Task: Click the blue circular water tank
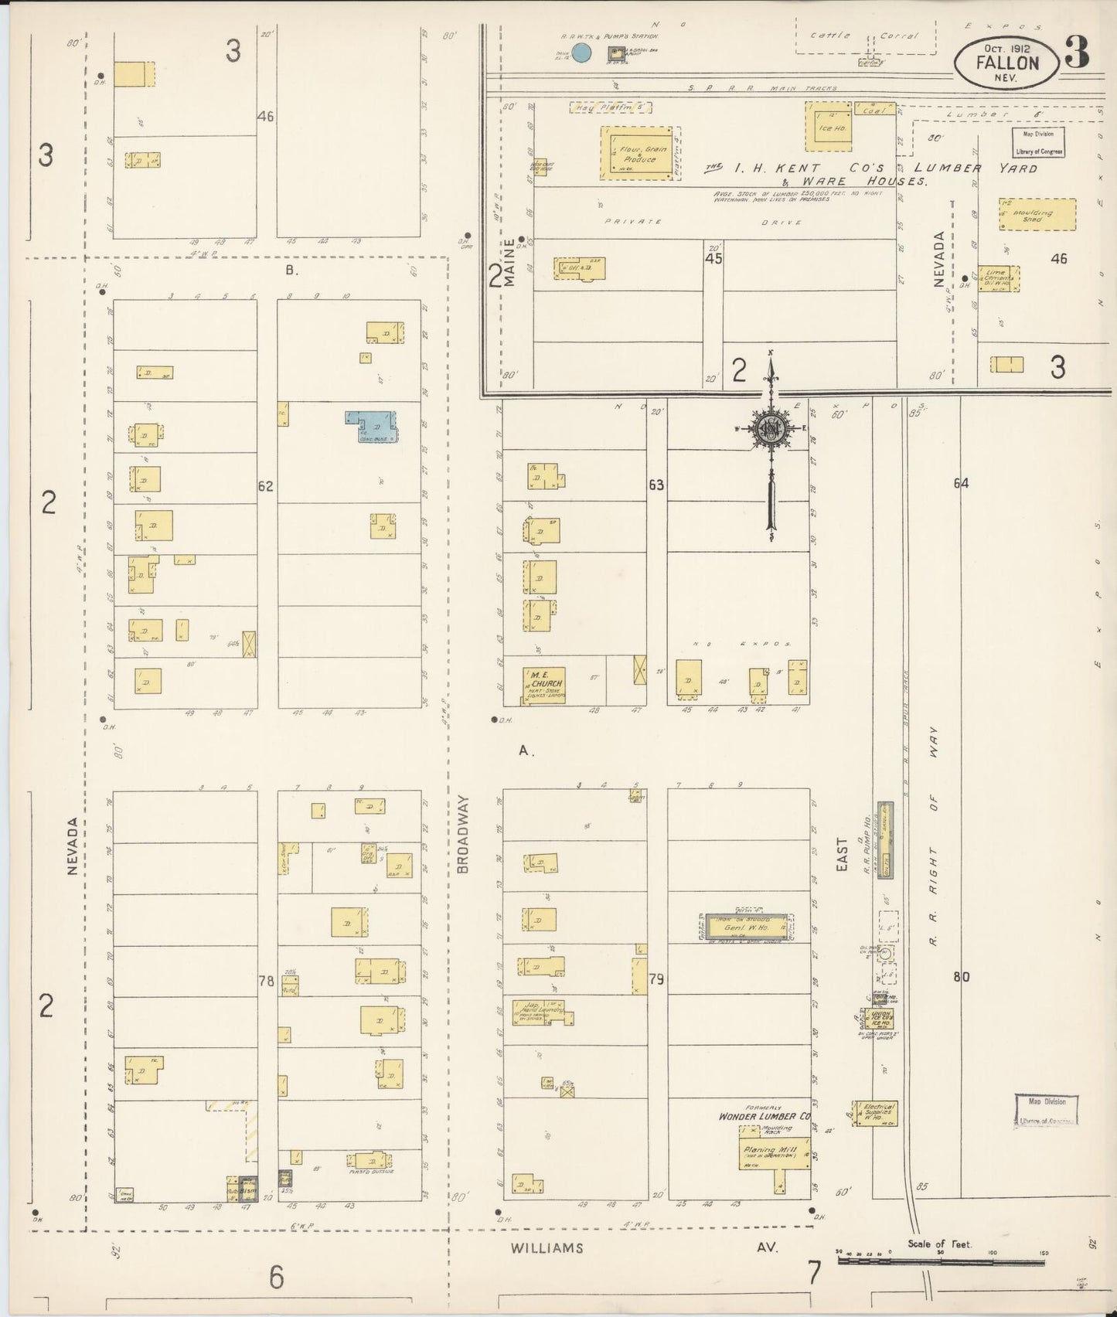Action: (x=582, y=53)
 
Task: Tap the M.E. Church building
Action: (x=543, y=686)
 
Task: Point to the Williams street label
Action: (x=546, y=1248)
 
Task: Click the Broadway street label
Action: (x=463, y=835)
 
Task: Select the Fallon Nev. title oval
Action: (x=1006, y=63)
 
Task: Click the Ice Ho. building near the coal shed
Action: (x=829, y=126)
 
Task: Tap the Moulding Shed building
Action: (x=1037, y=215)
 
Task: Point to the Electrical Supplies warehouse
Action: (x=876, y=1113)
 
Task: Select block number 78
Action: (x=267, y=981)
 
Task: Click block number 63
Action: (x=656, y=485)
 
